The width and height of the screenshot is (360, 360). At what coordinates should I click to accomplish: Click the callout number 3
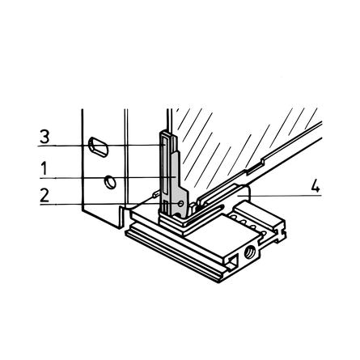pyautogui.click(x=44, y=137)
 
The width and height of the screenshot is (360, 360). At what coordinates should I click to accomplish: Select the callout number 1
pyautogui.click(x=44, y=169)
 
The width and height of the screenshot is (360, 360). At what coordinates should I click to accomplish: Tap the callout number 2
pyautogui.click(x=44, y=195)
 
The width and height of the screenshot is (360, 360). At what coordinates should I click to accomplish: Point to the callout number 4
pyautogui.click(x=316, y=185)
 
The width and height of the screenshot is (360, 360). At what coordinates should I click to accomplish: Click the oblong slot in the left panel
pyautogui.click(x=99, y=146)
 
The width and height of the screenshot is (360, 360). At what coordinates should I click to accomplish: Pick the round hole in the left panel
pyautogui.click(x=110, y=182)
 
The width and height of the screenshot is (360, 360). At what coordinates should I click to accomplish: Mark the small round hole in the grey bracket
pyautogui.click(x=181, y=203)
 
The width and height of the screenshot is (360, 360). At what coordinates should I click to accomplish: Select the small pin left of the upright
pyautogui.click(x=156, y=193)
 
